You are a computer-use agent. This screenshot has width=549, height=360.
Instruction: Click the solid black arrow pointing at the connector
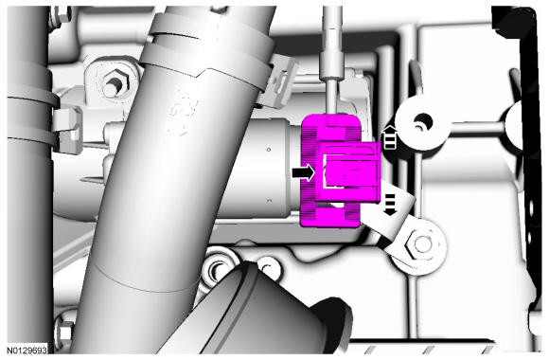tap(303, 172)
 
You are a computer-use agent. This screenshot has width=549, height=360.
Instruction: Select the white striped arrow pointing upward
tap(390, 137)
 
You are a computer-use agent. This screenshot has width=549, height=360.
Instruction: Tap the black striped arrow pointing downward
tap(390, 205)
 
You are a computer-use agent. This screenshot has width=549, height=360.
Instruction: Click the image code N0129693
tap(27, 351)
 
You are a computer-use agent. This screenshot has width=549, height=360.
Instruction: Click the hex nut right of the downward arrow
tap(421, 244)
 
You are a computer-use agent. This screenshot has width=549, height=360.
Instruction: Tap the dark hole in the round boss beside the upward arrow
tap(423, 123)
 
